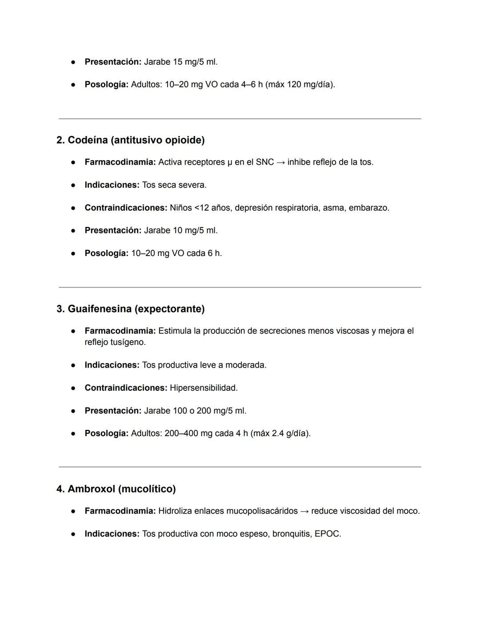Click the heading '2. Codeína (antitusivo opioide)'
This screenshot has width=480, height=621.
pos(130,140)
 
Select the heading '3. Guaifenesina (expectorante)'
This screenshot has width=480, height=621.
pos(130,308)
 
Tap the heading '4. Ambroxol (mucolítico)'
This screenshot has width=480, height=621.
pos(116,489)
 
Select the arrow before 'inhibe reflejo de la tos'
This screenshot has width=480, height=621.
pos(280,162)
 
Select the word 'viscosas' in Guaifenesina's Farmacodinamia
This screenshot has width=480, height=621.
pos(352,331)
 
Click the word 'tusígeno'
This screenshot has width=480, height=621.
pos(127,342)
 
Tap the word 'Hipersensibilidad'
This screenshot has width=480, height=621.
pos(203,388)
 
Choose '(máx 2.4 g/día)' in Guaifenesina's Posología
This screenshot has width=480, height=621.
pos(280,433)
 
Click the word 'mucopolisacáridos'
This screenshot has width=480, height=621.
pos(262,511)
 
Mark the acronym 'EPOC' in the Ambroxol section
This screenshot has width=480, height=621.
pos(327,534)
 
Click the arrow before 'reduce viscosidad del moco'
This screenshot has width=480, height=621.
pos(304,511)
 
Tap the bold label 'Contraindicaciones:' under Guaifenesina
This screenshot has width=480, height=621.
pos(126,388)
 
